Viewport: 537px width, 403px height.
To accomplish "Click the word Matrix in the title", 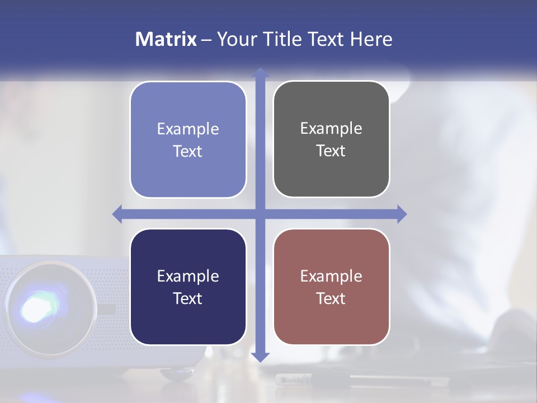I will [x=166, y=39].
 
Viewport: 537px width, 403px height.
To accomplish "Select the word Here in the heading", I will [x=371, y=39].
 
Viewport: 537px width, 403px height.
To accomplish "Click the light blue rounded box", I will [x=188, y=140].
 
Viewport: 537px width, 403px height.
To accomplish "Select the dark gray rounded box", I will [x=331, y=139].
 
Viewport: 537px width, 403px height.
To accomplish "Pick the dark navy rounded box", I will [x=188, y=287].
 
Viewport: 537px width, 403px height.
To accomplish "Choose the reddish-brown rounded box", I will [x=331, y=287].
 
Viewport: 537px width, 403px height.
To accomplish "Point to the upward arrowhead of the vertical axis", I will [x=260, y=72].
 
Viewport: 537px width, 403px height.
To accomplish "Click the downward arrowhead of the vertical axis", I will [x=260, y=357].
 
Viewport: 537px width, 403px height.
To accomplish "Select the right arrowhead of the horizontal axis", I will [x=402, y=214].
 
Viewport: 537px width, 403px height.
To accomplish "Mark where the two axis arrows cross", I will [x=260, y=214].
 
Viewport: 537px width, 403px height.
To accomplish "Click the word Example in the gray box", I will [x=331, y=128].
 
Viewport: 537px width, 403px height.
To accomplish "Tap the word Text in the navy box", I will [x=188, y=298].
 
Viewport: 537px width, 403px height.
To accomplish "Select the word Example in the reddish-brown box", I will [x=331, y=276].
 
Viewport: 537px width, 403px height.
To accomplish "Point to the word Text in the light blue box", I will [x=188, y=151].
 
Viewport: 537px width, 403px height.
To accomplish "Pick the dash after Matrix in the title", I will [x=206, y=40].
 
